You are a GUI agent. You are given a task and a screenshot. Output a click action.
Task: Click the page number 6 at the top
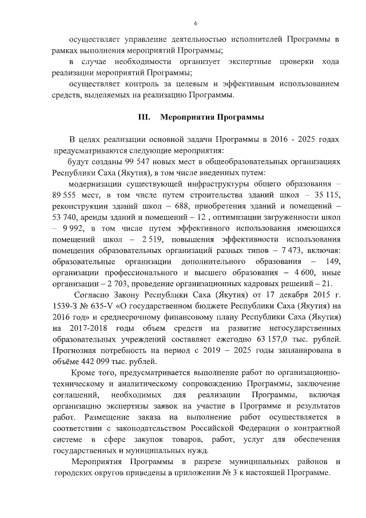coord(196,23)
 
